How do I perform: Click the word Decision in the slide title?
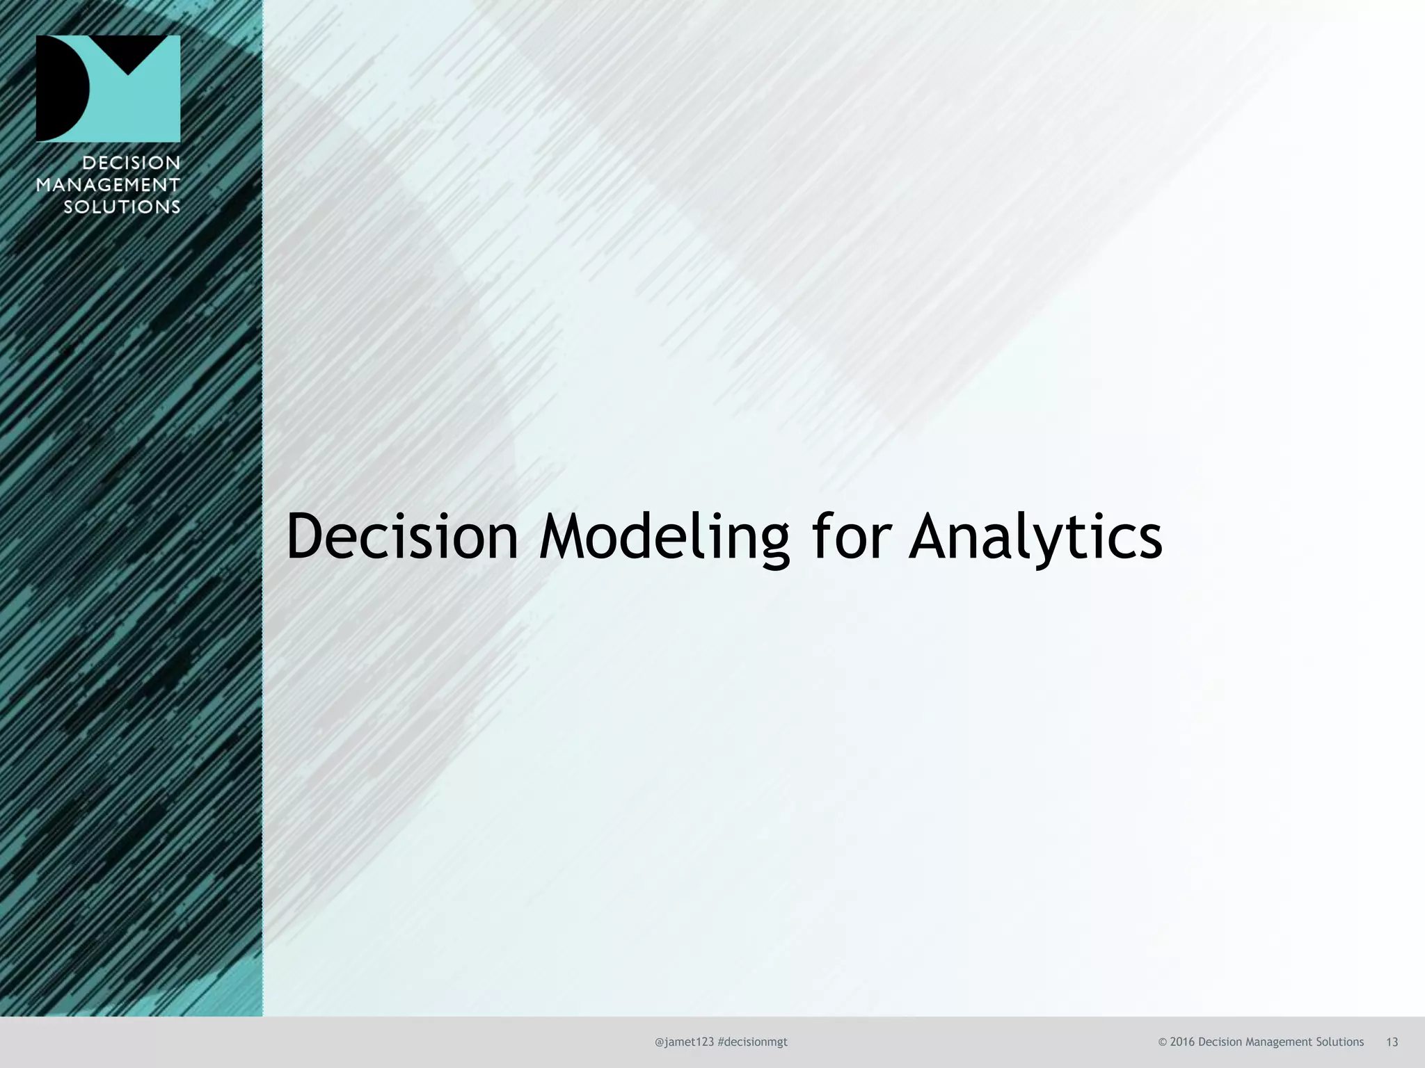(402, 536)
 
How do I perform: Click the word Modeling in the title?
(664, 537)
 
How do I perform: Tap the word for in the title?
(850, 536)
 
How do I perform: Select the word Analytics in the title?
(1035, 537)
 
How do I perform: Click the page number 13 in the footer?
(1392, 1042)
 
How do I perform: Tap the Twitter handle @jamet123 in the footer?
(684, 1042)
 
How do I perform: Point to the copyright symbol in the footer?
(1162, 1042)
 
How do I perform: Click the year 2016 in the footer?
(1182, 1042)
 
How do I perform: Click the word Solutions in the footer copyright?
(1339, 1042)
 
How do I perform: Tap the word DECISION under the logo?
(131, 163)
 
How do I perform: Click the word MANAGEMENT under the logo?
(108, 185)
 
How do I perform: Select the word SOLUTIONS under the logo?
(122, 207)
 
